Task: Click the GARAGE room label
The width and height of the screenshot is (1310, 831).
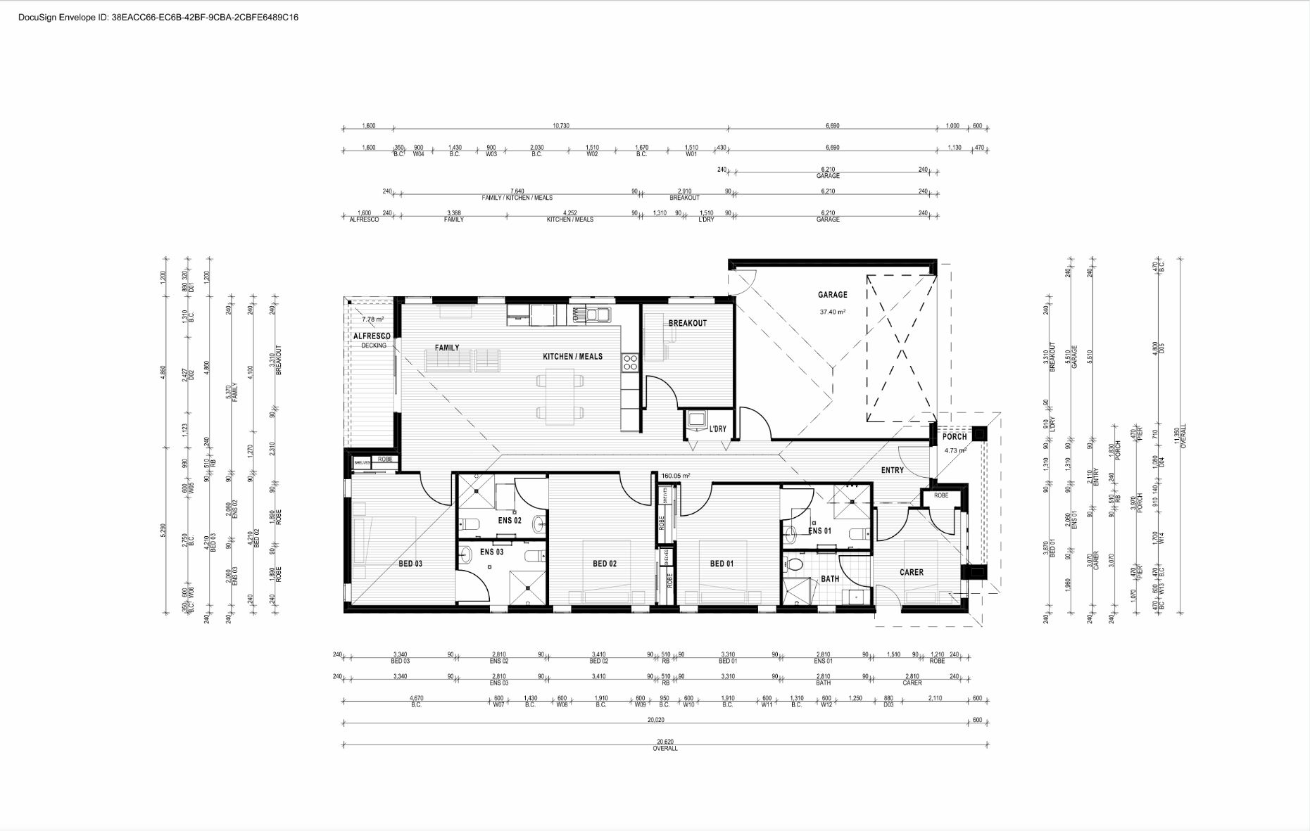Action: (832, 295)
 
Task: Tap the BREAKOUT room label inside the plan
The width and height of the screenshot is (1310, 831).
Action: (687, 323)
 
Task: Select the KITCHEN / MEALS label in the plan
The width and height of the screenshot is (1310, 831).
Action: (572, 357)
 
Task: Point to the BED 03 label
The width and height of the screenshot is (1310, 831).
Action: (410, 564)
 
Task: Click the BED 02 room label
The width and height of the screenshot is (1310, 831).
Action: (604, 564)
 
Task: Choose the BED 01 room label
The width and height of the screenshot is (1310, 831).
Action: (722, 564)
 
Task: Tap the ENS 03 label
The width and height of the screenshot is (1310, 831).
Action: (491, 552)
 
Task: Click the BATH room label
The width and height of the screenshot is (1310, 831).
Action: (830, 579)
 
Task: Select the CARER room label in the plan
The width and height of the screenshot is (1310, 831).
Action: (911, 572)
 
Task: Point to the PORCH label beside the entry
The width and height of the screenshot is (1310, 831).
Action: (955, 437)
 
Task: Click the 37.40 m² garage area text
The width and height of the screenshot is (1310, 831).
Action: (832, 312)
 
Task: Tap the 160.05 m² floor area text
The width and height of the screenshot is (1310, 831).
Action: (675, 476)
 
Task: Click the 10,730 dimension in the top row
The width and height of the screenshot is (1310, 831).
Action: (560, 126)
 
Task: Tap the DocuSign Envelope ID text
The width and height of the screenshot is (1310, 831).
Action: (158, 17)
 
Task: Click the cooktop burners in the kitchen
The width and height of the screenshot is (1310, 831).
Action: (629, 362)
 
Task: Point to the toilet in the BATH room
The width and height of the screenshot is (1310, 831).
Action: (795, 564)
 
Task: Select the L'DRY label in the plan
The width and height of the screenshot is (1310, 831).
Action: (717, 429)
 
